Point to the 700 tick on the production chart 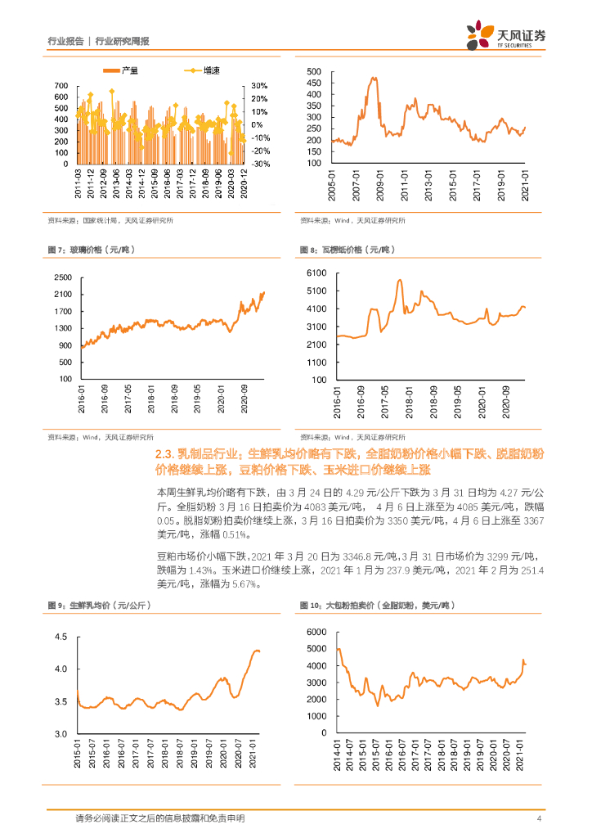[60, 86]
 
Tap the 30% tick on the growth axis [259, 86]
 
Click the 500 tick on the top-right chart [315, 72]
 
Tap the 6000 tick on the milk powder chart [316, 632]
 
